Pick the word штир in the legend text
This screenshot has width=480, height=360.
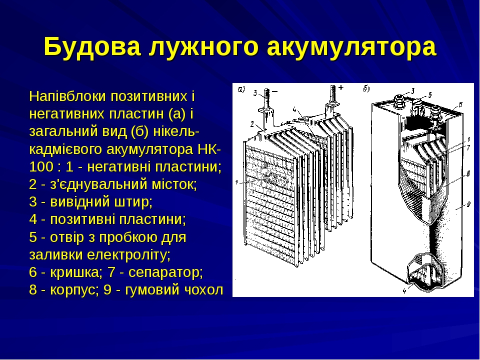point(135,202)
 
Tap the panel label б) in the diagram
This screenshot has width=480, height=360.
point(366,89)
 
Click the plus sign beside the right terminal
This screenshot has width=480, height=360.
point(341,87)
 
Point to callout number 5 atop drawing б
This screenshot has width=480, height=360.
point(429,93)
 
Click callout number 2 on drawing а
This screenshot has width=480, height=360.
point(253,123)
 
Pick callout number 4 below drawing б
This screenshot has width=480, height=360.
point(404,289)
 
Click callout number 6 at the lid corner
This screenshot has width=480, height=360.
point(460,103)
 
